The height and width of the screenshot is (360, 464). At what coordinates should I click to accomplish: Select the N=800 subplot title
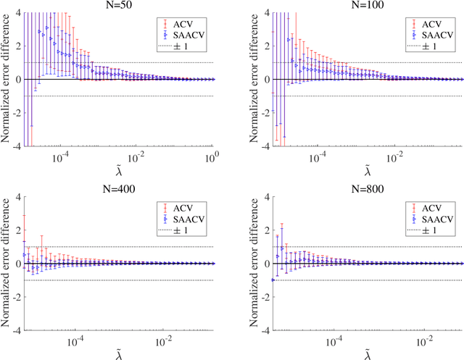(x=366, y=188)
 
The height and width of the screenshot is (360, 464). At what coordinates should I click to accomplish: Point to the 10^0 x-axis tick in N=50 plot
(x=211, y=156)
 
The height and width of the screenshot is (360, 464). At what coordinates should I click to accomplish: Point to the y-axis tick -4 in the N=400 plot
(x=15, y=330)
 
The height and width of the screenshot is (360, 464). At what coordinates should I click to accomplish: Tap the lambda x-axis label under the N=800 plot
(x=366, y=353)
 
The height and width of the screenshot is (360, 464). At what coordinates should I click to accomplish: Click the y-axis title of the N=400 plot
(x=6, y=263)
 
